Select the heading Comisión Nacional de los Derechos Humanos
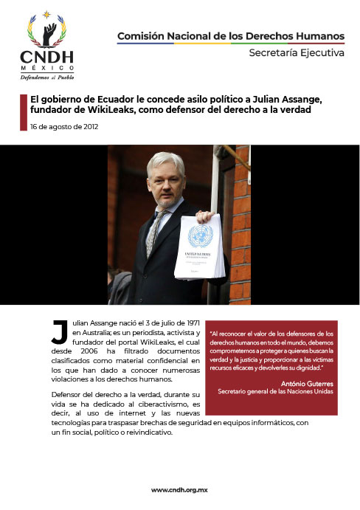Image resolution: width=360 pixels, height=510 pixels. point(231,35)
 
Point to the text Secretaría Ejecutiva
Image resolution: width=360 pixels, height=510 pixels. point(296,53)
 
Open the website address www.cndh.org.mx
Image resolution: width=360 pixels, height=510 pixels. point(179,490)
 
